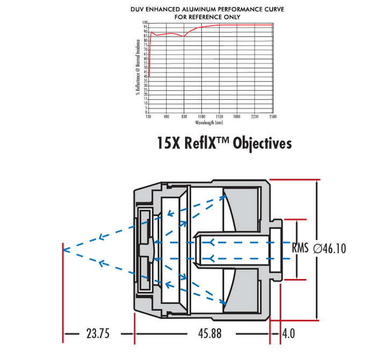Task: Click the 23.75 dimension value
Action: click(x=98, y=334)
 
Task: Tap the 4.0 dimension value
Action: click(x=288, y=334)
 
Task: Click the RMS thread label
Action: click(x=301, y=248)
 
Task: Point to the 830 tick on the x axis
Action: click(x=184, y=116)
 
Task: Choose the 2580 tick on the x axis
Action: click(x=272, y=116)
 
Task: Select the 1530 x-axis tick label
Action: click(x=219, y=116)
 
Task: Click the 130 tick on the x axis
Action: click(x=149, y=116)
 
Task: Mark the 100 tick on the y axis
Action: click(x=144, y=23)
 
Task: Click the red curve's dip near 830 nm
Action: click(x=184, y=36)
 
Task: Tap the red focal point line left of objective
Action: click(x=63, y=249)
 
